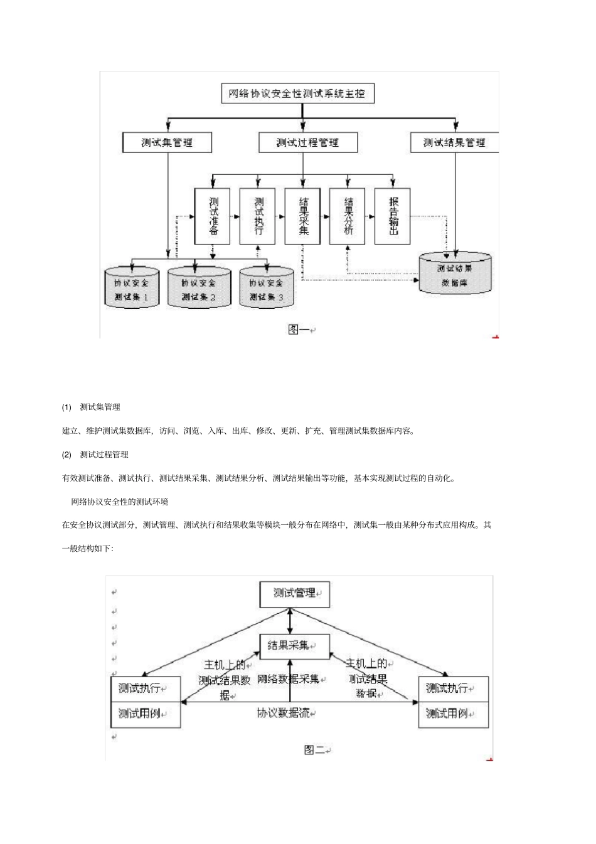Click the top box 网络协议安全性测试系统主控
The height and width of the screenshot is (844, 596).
point(297,94)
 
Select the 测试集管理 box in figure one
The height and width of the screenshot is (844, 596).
point(167,142)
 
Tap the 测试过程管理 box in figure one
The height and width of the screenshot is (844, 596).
point(307,142)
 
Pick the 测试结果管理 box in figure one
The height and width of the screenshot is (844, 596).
point(454,142)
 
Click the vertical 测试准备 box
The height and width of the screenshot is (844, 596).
point(213,216)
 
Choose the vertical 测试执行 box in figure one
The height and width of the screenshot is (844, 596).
point(258,216)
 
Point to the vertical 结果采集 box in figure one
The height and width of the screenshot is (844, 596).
point(303,216)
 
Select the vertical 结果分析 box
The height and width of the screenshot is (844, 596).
point(348,216)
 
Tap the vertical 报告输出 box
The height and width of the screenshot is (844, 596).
point(393,216)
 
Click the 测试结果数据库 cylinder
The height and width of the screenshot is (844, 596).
point(455,275)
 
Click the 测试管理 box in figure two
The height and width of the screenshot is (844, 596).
point(294,593)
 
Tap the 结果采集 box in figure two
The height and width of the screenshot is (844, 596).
point(294,646)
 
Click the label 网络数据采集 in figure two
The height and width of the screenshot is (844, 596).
point(288,680)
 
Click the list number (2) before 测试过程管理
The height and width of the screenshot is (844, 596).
point(67,455)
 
